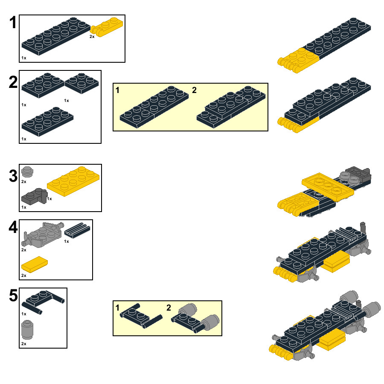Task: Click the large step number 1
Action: click(13, 23)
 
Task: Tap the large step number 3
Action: click(13, 176)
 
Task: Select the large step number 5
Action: click(13, 295)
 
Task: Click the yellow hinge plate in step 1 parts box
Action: click(107, 27)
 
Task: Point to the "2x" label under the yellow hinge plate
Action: click(92, 37)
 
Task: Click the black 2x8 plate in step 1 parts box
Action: click(56, 36)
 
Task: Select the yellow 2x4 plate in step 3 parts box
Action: click(73, 181)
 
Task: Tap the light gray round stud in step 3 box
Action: click(27, 172)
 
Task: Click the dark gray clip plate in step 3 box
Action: click(34, 196)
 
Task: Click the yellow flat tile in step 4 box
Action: click(35, 265)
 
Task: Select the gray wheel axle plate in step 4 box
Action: click(43, 235)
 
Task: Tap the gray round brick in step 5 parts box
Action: click(27, 330)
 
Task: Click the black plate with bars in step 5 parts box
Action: click(43, 302)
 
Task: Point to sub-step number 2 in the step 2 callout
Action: click(194, 90)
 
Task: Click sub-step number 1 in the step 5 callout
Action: click(118, 308)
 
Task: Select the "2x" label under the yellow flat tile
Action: click(24, 276)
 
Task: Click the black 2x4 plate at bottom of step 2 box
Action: click(47, 122)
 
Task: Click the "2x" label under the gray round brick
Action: click(24, 344)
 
